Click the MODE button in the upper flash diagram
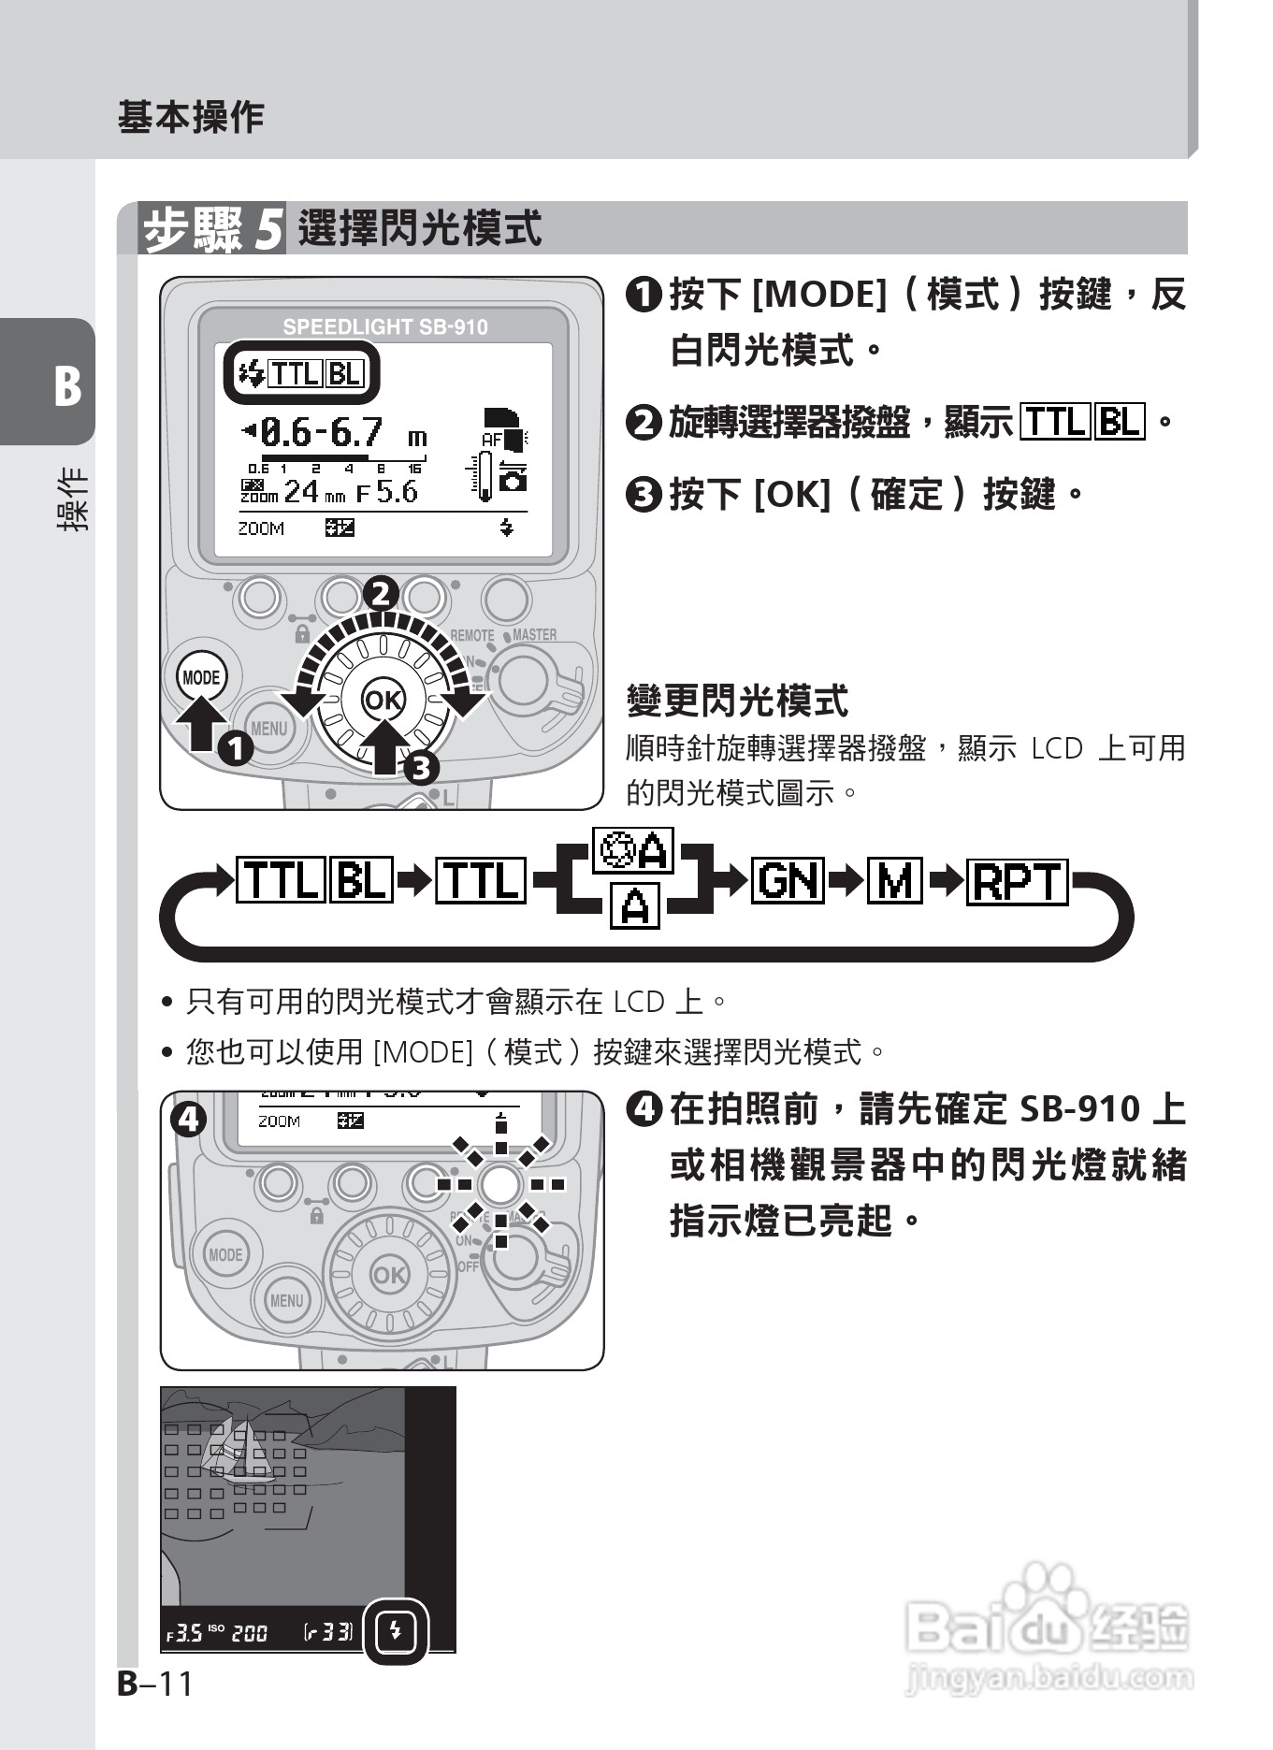tap(201, 677)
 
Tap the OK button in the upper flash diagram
tap(382, 701)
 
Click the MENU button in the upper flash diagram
tap(269, 728)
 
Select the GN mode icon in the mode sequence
tap(789, 879)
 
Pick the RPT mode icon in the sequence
tap(1017, 880)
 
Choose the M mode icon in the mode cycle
tap(894, 879)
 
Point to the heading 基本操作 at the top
tap(191, 118)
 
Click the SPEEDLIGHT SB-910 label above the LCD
tap(384, 326)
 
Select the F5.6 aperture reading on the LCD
tap(387, 492)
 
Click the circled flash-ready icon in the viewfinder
tap(396, 1631)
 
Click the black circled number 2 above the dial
tap(381, 594)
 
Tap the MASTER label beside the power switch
tap(534, 634)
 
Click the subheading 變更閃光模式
tap(737, 700)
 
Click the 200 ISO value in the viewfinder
tap(250, 1633)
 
